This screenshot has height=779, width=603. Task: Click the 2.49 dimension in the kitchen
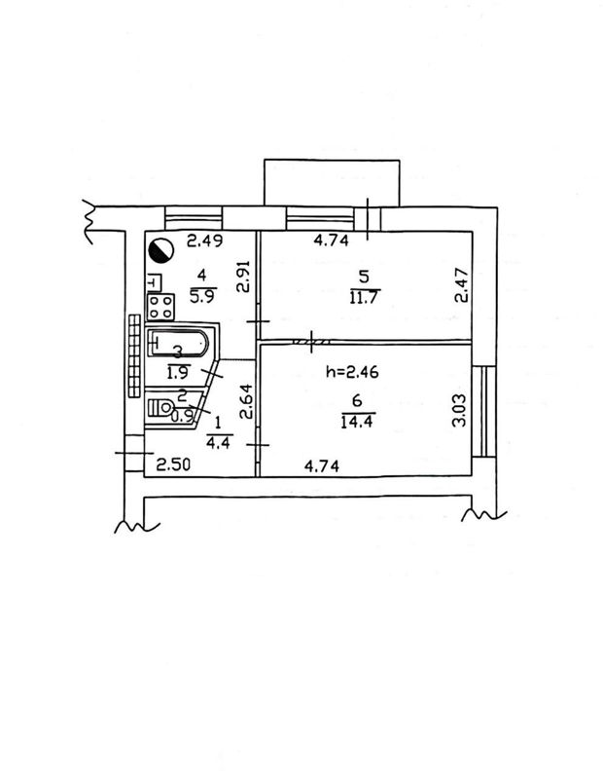coord(204,241)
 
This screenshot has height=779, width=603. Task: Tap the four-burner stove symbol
coord(160,307)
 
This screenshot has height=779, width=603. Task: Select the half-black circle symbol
coord(160,250)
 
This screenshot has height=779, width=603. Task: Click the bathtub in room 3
coord(178,343)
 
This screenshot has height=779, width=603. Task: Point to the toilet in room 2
coord(160,408)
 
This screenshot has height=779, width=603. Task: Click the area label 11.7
coord(365,298)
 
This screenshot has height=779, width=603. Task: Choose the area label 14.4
coord(357,422)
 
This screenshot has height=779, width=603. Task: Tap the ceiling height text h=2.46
coord(352,371)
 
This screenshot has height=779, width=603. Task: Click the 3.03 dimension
coord(460,410)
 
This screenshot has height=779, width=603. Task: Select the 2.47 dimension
coord(461,285)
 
